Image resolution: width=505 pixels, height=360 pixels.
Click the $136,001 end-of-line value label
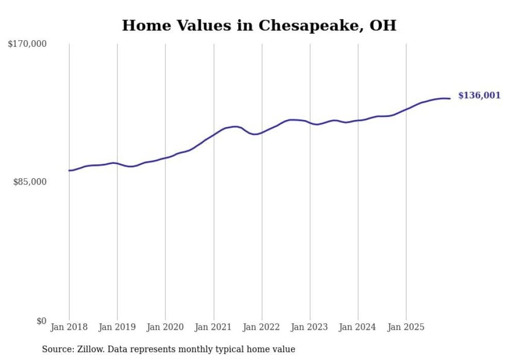click(479, 95)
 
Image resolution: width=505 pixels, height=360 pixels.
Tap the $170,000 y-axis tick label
click(27, 44)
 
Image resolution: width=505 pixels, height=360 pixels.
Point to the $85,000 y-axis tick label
click(30, 182)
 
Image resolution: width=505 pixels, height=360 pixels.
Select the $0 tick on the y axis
click(42, 321)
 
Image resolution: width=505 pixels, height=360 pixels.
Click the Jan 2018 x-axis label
click(69, 327)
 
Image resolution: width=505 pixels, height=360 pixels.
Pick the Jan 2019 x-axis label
click(117, 327)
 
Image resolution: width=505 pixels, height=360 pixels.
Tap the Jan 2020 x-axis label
click(165, 327)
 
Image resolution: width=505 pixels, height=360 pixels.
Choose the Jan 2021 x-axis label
click(213, 327)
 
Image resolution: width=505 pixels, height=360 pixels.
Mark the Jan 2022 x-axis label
click(262, 327)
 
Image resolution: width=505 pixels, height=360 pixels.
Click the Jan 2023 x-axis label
click(310, 327)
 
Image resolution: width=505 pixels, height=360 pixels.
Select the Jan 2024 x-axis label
click(358, 327)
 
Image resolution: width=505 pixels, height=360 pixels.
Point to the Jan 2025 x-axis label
click(406, 327)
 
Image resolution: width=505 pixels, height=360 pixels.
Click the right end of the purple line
click(450, 98)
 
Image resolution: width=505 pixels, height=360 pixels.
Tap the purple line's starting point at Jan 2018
click(69, 170)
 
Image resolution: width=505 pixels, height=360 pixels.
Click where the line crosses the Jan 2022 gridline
click(262, 132)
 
